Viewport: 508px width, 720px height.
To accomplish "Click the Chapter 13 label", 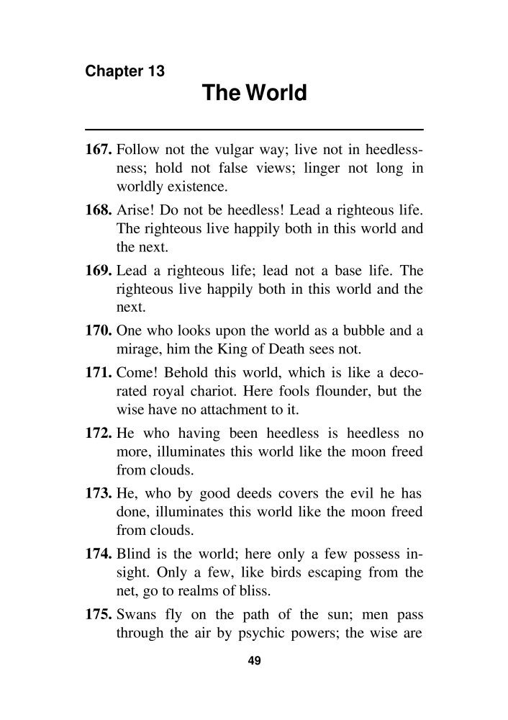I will (125, 71).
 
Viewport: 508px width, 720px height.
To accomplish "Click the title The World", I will (254, 94).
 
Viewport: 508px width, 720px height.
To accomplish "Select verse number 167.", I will (99, 151).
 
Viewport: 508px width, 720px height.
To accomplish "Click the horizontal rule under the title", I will (254, 129).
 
